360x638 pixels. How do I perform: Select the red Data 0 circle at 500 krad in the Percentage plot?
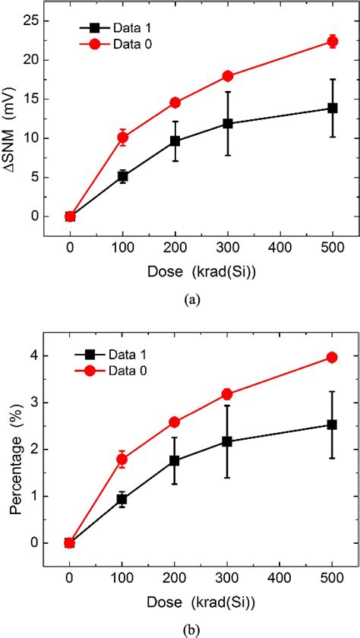(332, 357)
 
